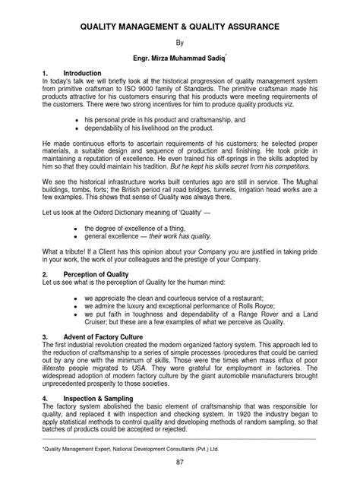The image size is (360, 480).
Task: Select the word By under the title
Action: click(x=180, y=45)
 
